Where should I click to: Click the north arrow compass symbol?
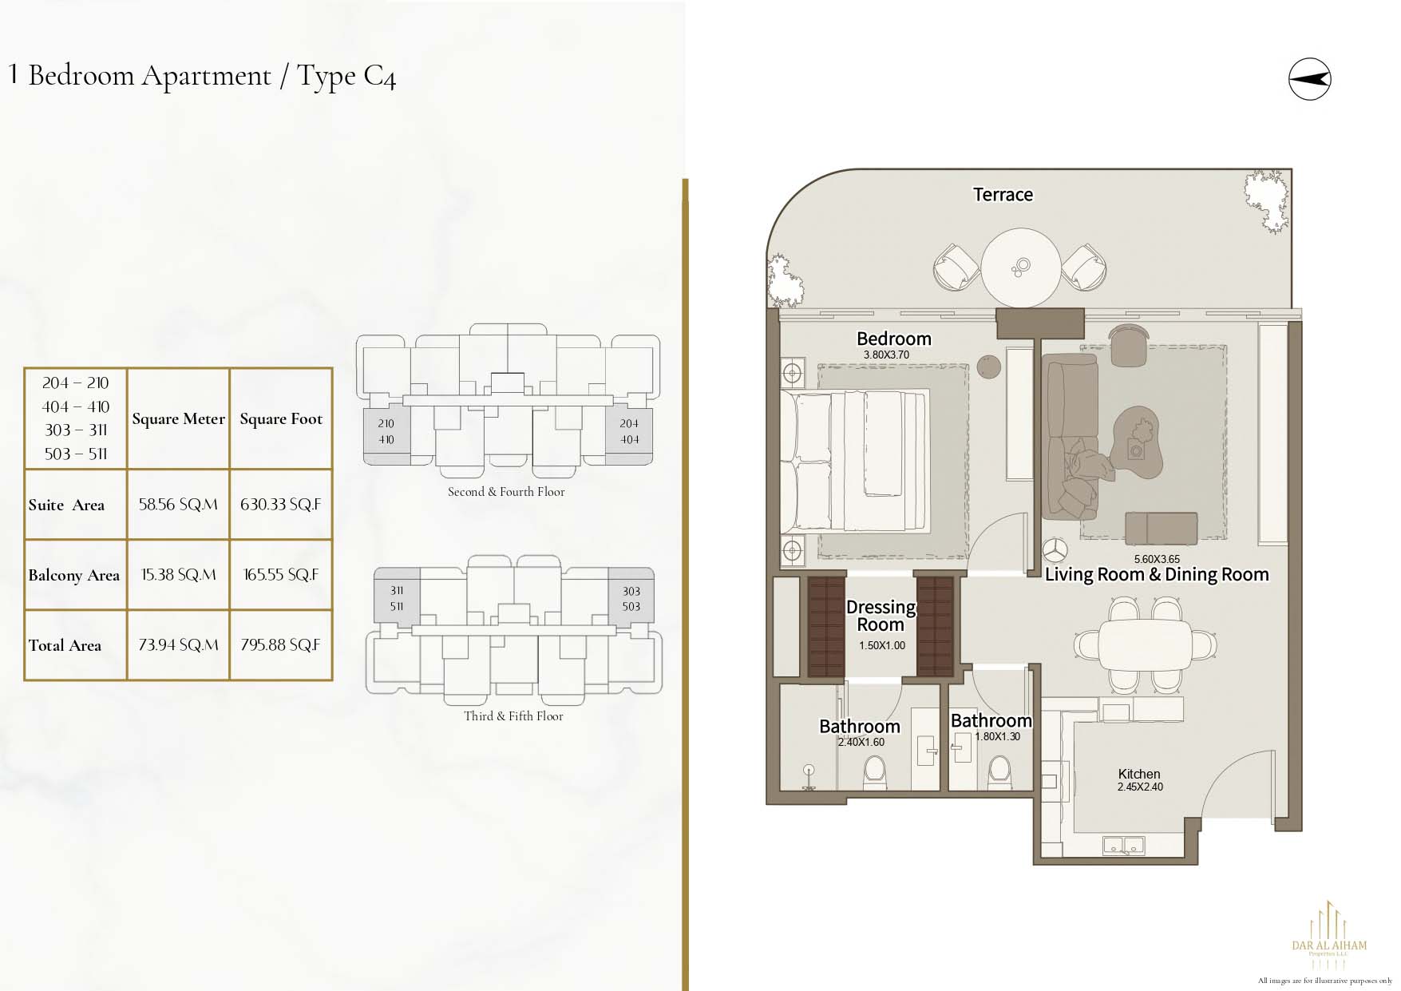tap(1309, 79)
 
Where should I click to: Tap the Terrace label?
tap(1003, 195)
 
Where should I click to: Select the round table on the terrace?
tap(1020, 268)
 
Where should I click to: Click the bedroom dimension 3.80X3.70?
tap(886, 355)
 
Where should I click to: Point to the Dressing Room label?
tap(881, 616)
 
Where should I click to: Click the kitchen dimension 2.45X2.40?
tap(1140, 787)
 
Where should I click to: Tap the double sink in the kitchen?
tap(1124, 845)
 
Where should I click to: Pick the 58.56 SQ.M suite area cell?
tap(178, 505)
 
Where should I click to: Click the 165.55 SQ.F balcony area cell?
tap(281, 575)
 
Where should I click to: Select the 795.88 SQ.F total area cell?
tap(280, 645)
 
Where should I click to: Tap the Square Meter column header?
tap(179, 419)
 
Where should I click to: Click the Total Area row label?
tap(65, 645)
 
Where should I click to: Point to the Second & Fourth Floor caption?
tap(506, 492)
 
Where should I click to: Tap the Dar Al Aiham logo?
tap(1329, 934)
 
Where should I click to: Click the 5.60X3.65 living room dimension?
tap(1157, 559)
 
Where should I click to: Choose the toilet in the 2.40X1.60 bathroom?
tap(874, 773)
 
